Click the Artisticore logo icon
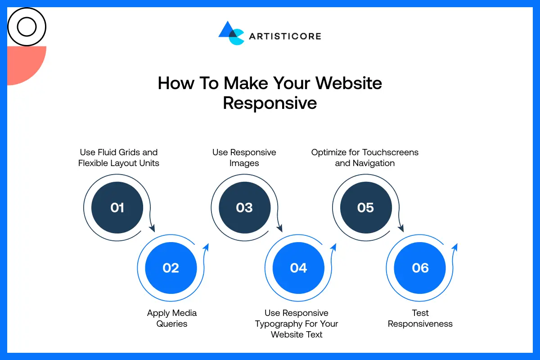coord(231,33)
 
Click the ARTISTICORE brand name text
coord(285,36)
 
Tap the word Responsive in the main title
coord(270,103)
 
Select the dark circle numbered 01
coord(117,207)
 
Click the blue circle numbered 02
coord(171,268)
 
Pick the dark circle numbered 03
coord(244,207)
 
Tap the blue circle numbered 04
coord(298,268)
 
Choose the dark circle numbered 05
coord(365,207)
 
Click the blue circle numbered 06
coord(420,268)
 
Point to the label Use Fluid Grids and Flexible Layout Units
coord(119,157)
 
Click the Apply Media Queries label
coord(172,318)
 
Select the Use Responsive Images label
coord(244,157)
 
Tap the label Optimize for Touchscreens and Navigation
coord(365,157)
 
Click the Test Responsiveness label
coord(420,318)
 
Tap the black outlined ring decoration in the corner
coord(27,27)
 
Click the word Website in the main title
coord(348,83)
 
